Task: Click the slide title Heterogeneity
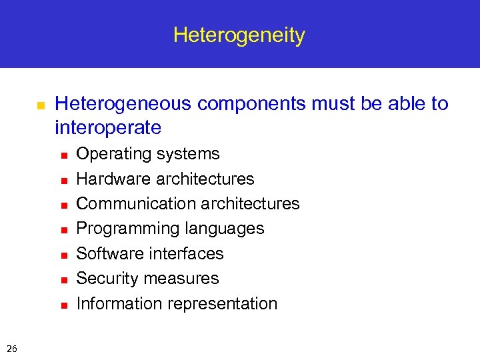pos(239,35)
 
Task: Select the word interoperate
pos(108,127)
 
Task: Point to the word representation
pos(223,303)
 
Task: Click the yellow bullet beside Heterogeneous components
pos(40,105)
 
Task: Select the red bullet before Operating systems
pos(63,155)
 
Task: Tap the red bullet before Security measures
pos(63,280)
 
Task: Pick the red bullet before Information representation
pos(63,305)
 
